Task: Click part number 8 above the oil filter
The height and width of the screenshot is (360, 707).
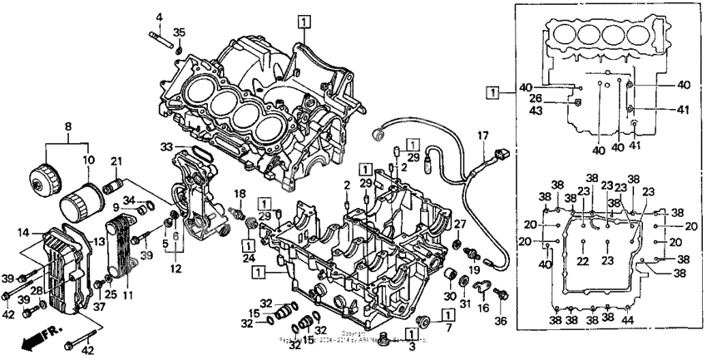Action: [69, 128]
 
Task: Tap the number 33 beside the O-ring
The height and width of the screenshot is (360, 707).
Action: [161, 17]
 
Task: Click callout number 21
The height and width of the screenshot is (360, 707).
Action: [116, 161]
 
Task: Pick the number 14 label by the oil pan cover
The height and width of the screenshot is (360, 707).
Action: [23, 232]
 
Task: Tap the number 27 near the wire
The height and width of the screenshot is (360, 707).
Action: [457, 221]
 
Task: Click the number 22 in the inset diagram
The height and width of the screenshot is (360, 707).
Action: [584, 262]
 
